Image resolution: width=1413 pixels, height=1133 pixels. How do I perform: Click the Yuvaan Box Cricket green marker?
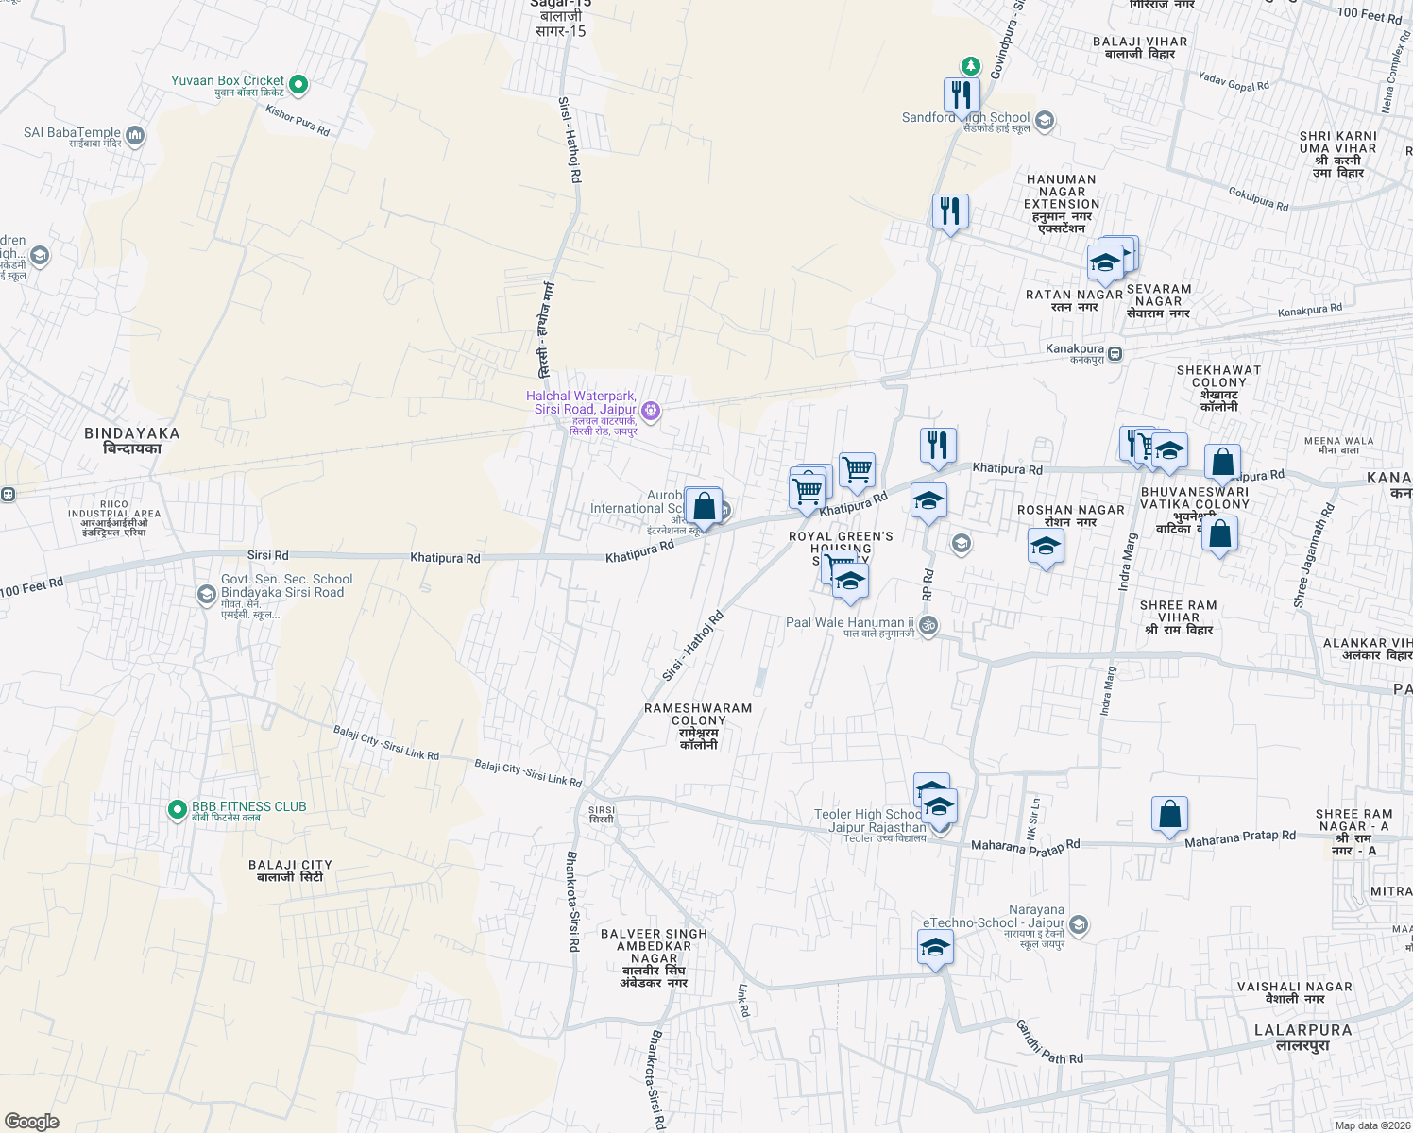point(298,85)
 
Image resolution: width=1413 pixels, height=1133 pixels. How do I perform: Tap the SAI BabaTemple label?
point(72,133)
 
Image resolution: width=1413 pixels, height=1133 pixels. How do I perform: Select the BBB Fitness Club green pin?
point(177,809)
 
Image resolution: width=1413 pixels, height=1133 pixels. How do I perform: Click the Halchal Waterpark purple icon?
point(650,411)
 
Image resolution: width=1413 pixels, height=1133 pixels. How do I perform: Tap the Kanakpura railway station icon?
point(1115,354)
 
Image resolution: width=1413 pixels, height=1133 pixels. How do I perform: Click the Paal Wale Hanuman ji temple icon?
point(928,625)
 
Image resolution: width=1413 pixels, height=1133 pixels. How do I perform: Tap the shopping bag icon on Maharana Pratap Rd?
point(1169,814)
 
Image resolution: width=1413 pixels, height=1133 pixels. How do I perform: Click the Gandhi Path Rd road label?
point(1049,1041)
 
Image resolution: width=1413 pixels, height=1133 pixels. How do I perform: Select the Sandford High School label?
point(965,118)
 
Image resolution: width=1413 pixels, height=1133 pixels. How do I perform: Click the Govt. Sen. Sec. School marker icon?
point(206,594)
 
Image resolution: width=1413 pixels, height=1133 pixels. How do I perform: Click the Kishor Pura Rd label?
point(298,121)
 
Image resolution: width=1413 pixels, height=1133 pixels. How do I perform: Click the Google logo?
point(31,1121)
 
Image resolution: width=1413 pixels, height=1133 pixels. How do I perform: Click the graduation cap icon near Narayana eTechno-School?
point(935,947)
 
